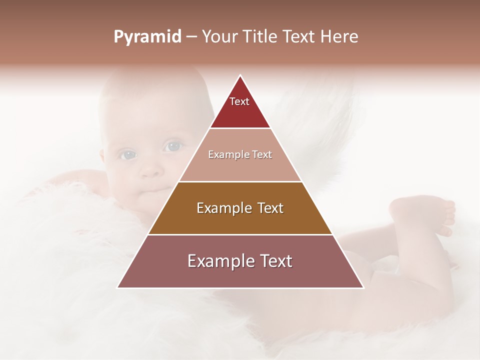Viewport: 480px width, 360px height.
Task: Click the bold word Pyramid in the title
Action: (x=147, y=37)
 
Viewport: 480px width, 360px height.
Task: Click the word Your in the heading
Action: (x=219, y=37)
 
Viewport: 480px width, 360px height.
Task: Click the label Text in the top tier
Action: (x=239, y=101)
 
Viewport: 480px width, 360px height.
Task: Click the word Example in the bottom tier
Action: (x=218, y=261)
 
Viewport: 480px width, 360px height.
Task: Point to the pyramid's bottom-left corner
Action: (x=117, y=287)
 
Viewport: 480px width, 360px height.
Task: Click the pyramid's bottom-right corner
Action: (x=363, y=287)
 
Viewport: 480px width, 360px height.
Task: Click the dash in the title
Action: (x=191, y=37)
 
